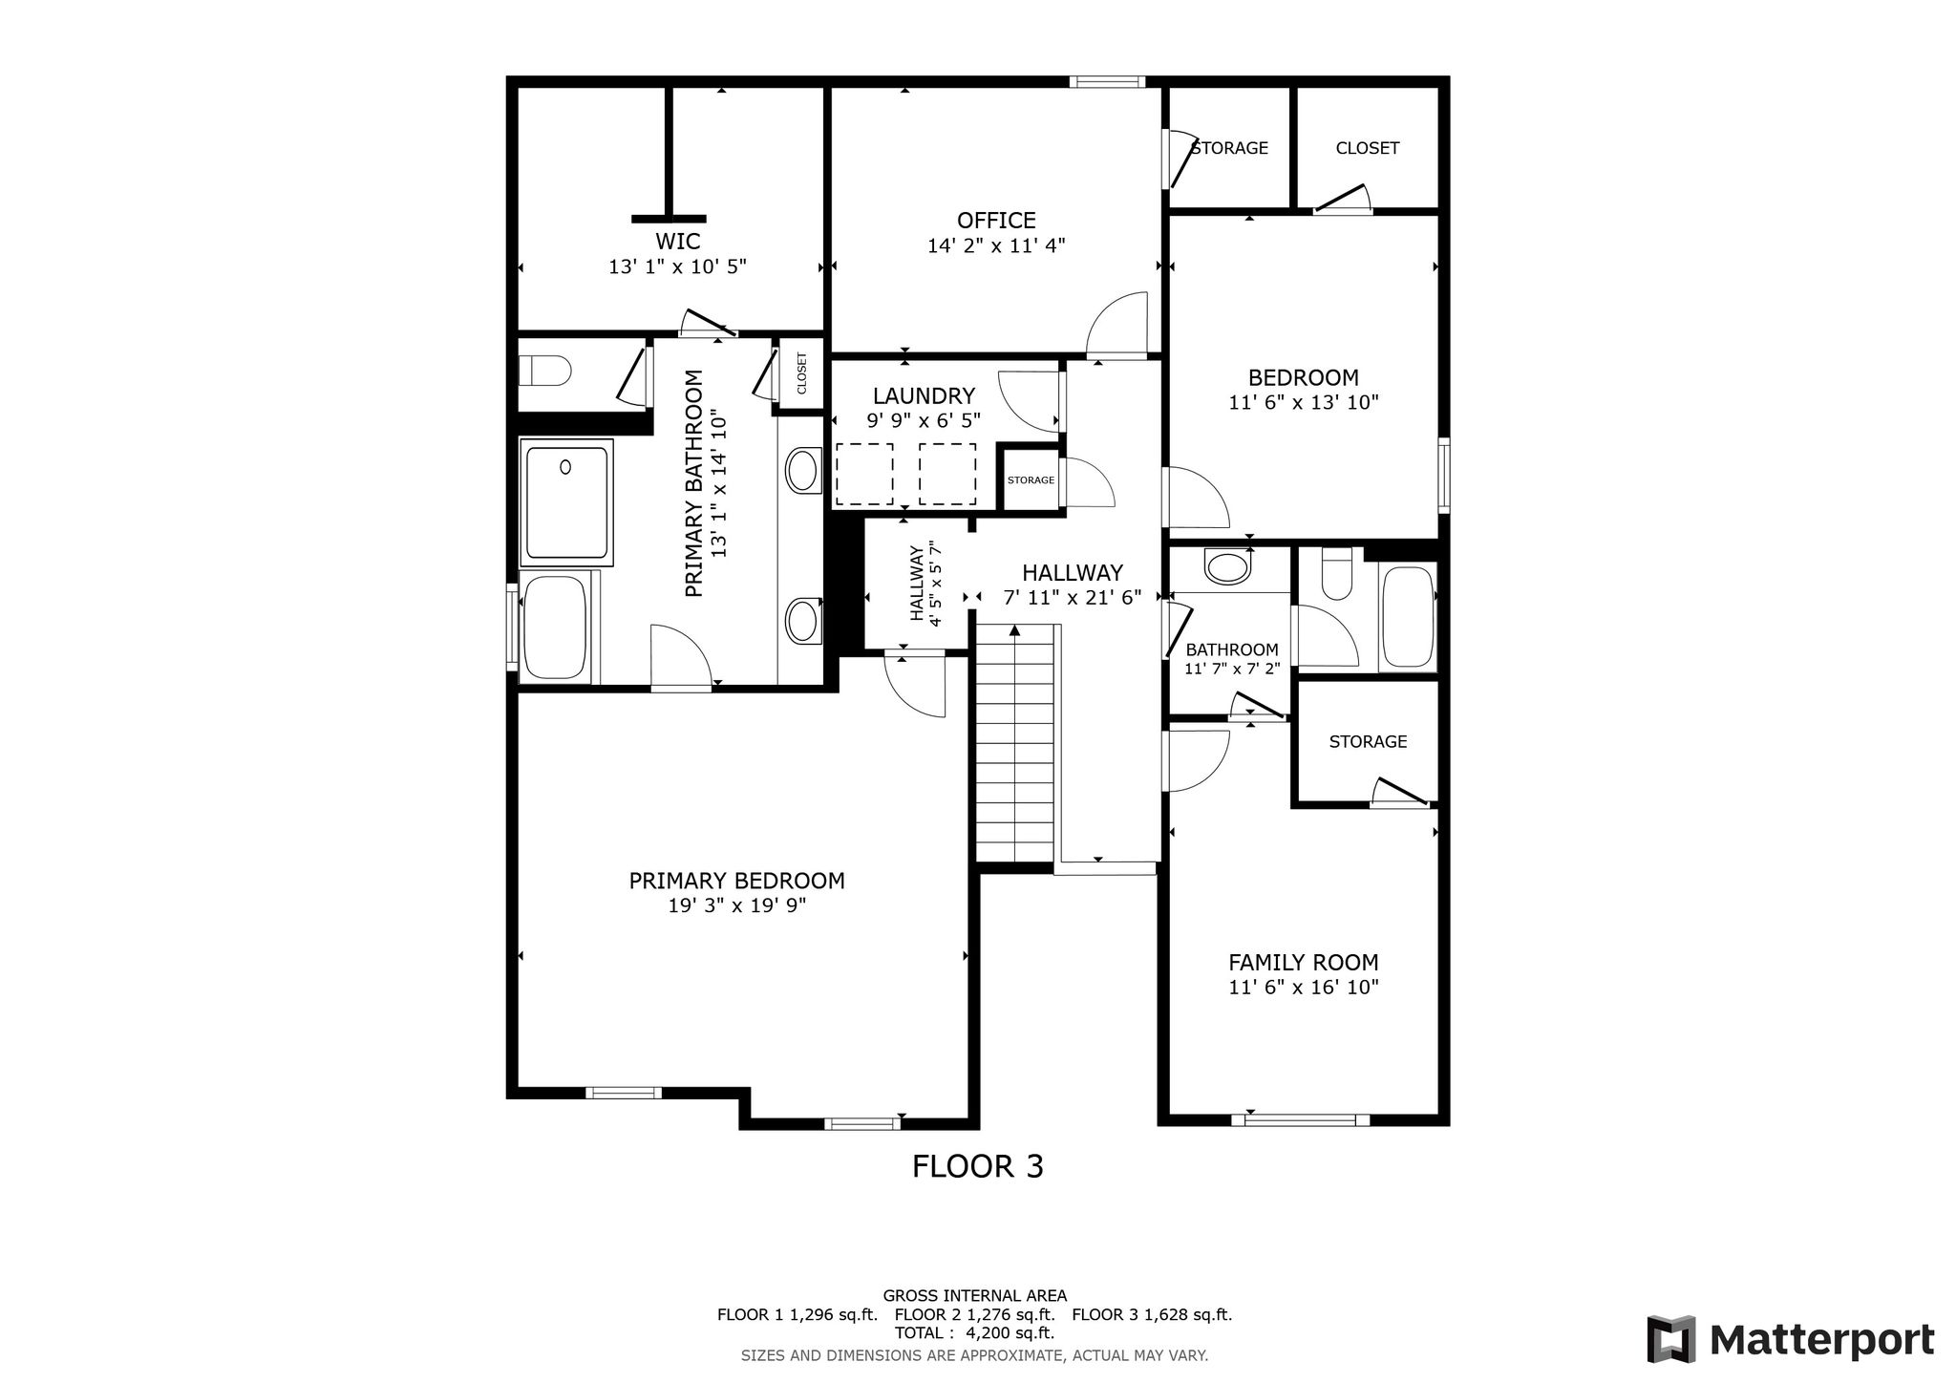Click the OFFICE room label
(996, 221)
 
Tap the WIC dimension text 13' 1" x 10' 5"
(677, 266)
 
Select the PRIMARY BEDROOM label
(736, 881)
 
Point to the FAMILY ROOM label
(1304, 962)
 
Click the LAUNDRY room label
(924, 395)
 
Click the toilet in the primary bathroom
(544, 369)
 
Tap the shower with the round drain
(566, 502)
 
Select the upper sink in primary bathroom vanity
(802, 471)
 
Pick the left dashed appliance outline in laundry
(864, 475)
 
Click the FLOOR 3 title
(978, 1166)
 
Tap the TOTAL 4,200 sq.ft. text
(974, 1332)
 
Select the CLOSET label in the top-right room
(1368, 148)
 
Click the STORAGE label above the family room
(1368, 741)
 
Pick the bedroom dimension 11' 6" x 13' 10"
(1304, 402)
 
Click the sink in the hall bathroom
(1228, 566)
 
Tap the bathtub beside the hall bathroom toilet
(1408, 617)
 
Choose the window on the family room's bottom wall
(1301, 1119)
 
